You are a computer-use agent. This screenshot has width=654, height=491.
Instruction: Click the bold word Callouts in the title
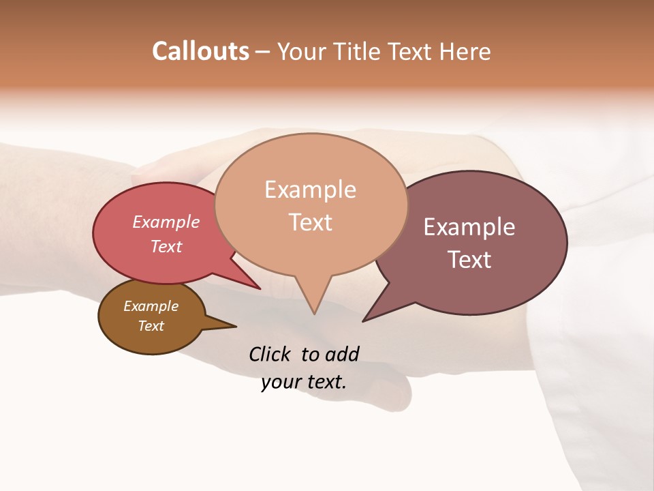point(200,51)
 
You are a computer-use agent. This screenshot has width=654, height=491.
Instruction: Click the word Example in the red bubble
point(166,222)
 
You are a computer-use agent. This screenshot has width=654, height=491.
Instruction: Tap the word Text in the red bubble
point(166,246)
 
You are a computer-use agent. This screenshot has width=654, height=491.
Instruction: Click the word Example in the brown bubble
point(151,306)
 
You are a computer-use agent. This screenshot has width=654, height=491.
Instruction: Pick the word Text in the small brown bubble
point(151,326)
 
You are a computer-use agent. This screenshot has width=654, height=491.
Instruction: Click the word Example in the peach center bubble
point(310,190)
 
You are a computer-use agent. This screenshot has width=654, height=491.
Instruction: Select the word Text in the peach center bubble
point(310,222)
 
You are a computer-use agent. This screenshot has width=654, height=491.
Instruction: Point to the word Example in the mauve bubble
point(469,227)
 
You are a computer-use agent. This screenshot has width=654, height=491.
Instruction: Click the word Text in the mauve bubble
point(469,260)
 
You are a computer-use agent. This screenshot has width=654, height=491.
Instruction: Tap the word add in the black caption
point(341,354)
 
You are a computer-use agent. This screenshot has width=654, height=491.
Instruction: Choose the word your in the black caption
point(279,382)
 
